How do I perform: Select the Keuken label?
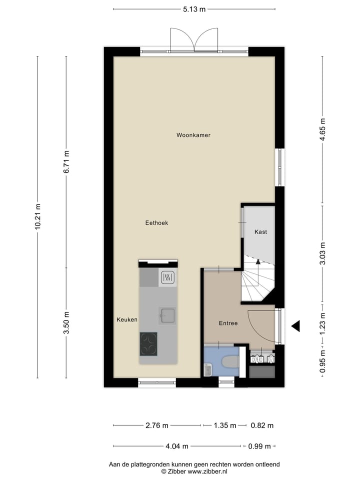click(127, 319)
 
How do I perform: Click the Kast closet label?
click(260, 232)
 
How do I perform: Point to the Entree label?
click(228, 323)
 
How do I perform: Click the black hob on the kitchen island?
click(148, 343)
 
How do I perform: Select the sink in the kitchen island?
click(167, 315)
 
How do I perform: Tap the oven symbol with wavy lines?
click(167, 277)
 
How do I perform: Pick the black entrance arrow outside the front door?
click(296, 326)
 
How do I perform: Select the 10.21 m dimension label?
click(38, 216)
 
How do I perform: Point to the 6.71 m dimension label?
click(66, 161)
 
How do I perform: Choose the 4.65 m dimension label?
click(323, 130)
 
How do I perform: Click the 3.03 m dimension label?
click(323, 254)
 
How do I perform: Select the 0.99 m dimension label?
click(259, 446)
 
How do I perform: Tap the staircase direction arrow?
click(258, 261)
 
